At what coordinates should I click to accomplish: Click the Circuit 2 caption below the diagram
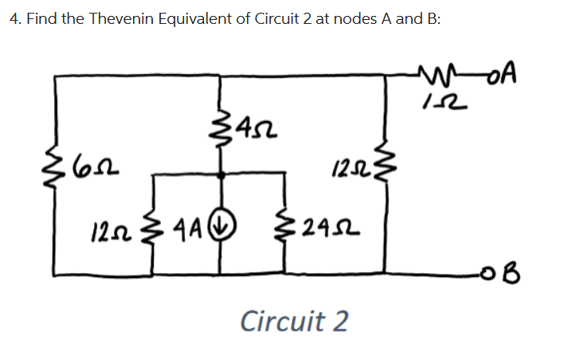(x=294, y=322)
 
